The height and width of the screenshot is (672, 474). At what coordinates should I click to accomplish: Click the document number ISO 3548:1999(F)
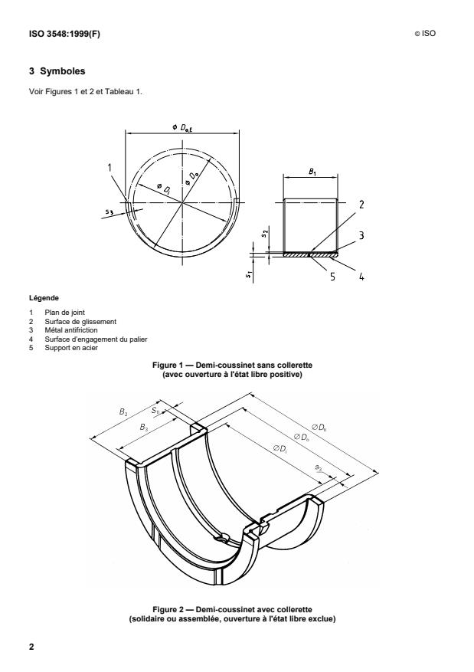pos(64,34)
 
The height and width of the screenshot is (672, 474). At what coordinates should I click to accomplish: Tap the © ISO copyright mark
pos(425,34)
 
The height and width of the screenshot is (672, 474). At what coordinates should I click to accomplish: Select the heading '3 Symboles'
pos(57,71)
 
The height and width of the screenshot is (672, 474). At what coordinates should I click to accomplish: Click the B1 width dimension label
pos(312,172)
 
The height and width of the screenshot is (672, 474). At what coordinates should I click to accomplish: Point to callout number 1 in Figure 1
pos(110,167)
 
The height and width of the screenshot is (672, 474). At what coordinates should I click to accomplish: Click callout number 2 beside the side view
pos(361,205)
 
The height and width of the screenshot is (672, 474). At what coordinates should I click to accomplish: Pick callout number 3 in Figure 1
pos(361,235)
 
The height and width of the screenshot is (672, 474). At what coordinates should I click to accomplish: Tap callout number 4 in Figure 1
pos(361,277)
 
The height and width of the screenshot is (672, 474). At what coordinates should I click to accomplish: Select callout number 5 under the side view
pos(332,277)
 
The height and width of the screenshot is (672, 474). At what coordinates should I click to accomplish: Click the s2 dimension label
pos(265,234)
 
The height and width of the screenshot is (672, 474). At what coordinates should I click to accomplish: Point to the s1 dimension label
pos(248,275)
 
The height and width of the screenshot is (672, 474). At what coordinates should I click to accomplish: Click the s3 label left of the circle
pos(110,211)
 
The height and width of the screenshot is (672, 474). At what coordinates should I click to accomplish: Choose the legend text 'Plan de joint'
pos(64,313)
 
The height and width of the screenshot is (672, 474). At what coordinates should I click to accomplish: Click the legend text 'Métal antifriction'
pos(71,330)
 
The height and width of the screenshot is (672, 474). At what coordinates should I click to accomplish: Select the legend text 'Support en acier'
pos(71,348)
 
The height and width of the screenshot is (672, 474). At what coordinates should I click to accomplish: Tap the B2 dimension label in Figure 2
pos(123,411)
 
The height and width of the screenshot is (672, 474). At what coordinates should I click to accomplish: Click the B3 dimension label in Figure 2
pos(144,428)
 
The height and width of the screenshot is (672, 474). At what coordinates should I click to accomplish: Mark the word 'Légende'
pos(44,298)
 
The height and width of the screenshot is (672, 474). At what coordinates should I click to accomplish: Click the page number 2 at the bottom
pos(31,647)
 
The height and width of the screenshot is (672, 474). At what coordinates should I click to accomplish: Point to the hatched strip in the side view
pos(310,254)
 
